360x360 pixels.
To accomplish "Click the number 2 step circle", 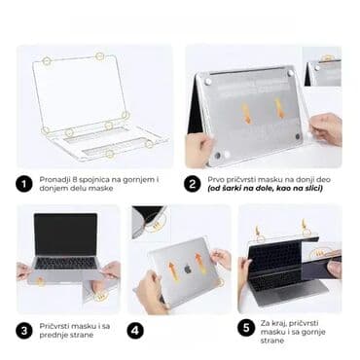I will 193,182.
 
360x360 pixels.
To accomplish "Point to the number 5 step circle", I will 246,330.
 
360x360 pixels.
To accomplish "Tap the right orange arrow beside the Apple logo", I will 198,260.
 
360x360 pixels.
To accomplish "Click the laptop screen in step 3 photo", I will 66,235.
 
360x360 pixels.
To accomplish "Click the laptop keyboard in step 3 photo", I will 65,263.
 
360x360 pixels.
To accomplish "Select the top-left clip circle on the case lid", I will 47,61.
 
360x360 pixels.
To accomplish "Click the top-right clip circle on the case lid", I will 100,56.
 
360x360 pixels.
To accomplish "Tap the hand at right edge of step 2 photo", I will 327,127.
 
